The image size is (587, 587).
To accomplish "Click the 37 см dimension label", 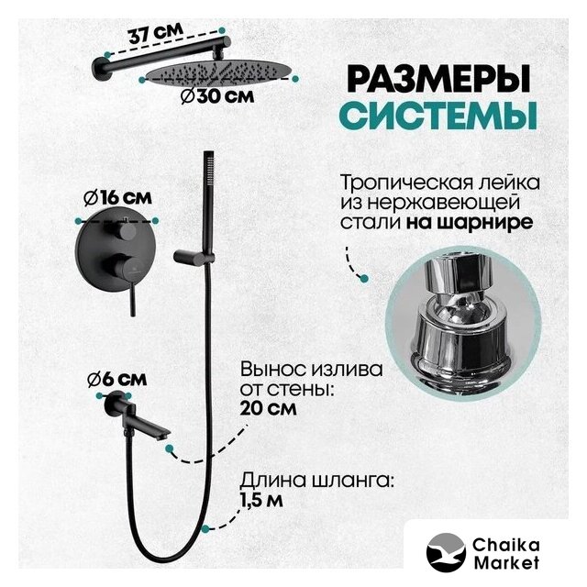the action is [x=157, y=33].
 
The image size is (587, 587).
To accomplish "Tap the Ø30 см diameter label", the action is [x=217, y=96].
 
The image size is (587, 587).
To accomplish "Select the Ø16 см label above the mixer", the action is [x=118, y=198].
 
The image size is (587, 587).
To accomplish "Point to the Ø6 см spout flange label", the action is [x=116, y=380].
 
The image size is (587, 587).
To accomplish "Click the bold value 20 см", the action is [x=269, y=407].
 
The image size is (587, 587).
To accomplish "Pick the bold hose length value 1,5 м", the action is [x=261, y=500].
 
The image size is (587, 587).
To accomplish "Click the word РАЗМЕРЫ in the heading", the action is [x=438, y=80].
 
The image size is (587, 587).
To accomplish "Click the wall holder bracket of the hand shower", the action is [x=194, y=257].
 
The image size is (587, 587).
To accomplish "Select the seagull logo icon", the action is [x=446, y=552].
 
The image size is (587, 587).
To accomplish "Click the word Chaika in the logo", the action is [x=506, y=545].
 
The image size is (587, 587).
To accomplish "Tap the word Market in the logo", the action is [x=506, y=562].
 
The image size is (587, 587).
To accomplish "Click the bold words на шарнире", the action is [x=470, y=222].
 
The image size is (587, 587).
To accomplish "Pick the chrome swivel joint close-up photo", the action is [x=463, y=324].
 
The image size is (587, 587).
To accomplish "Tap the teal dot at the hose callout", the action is [x=205, y=528].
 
